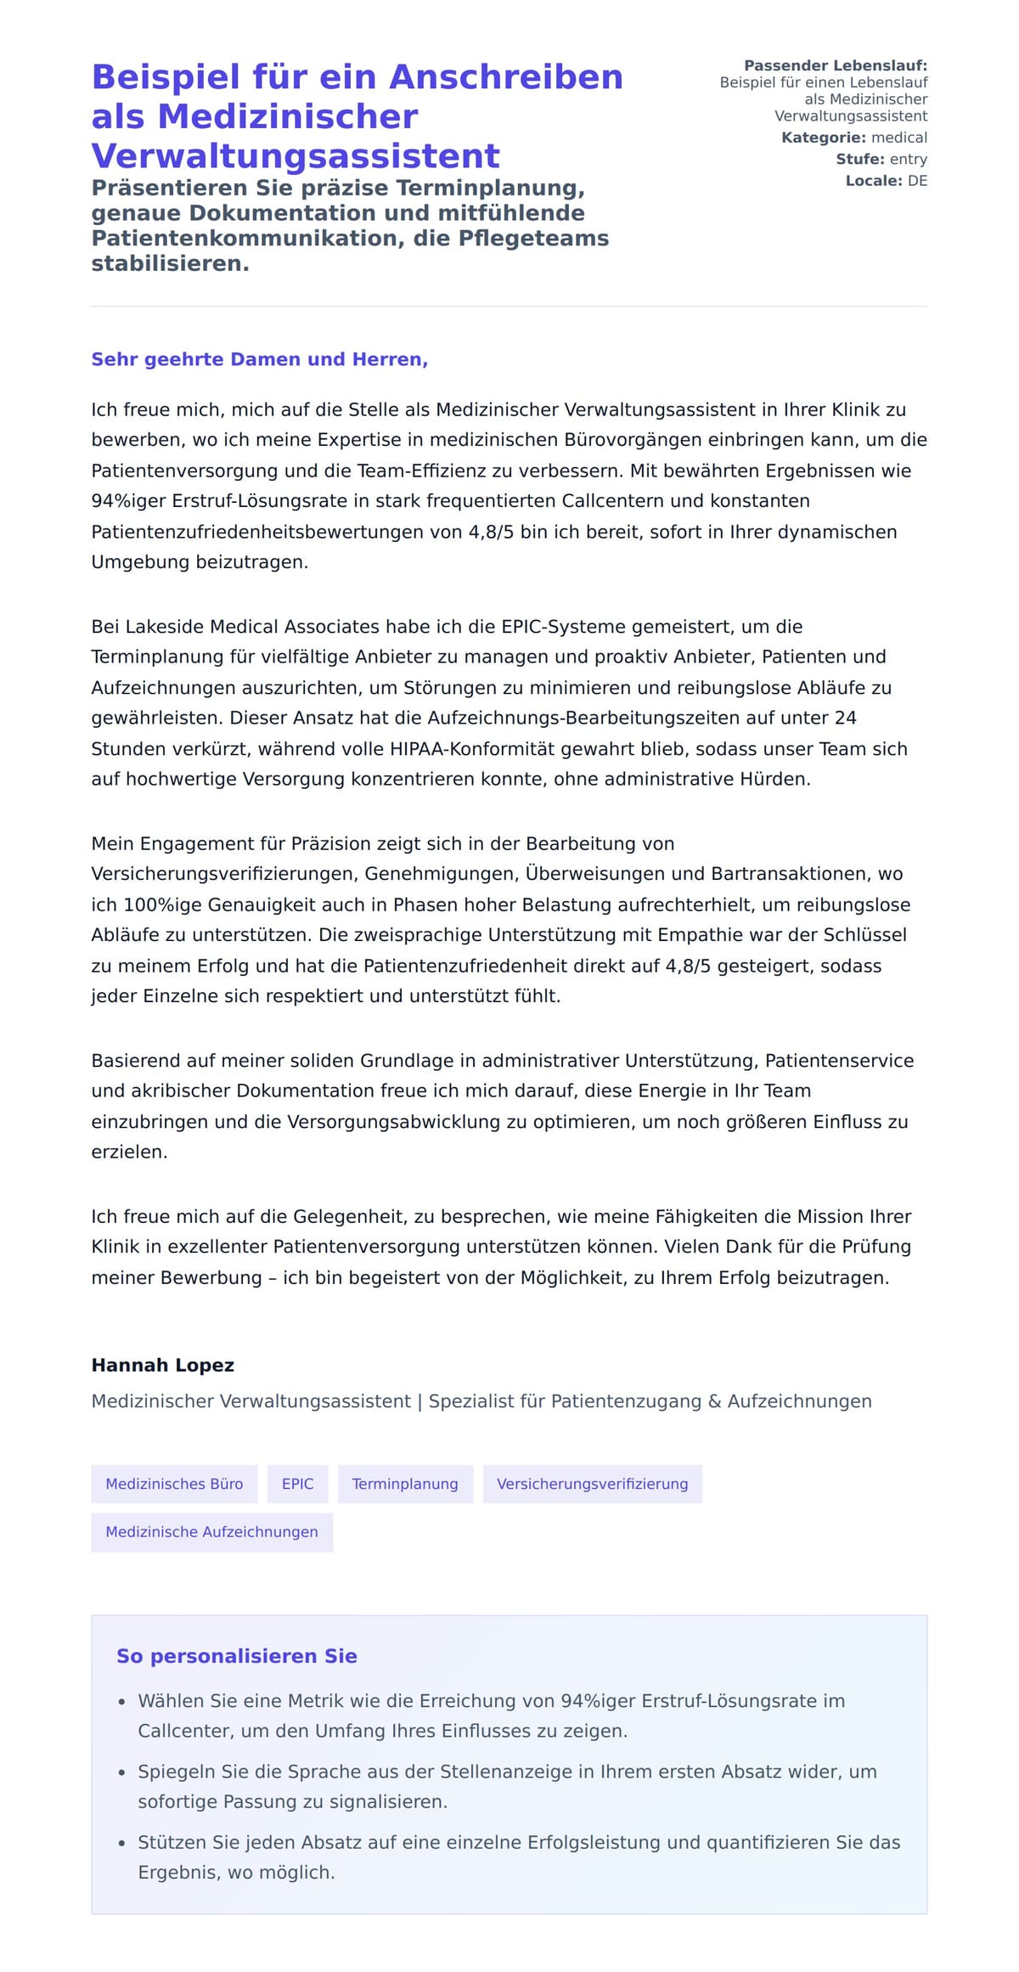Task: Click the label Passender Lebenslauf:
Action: pos(835,65)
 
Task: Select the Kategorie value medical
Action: pos(899,138)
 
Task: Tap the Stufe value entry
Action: pos(908,159)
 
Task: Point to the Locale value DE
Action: pos(917,181)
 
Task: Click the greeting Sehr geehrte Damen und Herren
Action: pos(259,359)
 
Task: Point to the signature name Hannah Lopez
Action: pos(162,1365)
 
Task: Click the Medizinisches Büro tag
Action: pos(174,1484)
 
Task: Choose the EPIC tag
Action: pos(297,1484)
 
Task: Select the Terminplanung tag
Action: pos(405,1484)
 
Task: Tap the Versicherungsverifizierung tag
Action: pos(592,1484)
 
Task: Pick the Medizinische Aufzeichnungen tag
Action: pos(211,1532)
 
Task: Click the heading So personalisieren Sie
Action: pos(237,1655)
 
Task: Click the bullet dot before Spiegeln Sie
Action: pos(122,1772)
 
